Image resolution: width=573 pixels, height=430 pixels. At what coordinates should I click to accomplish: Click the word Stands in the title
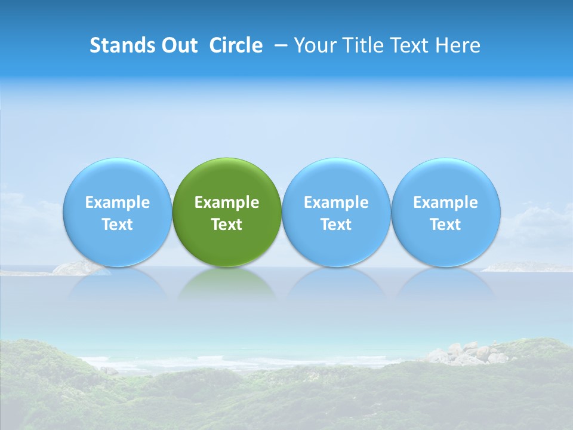pyautogui.click(x=121, y=45)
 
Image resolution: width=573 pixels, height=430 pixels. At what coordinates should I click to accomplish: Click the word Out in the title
pyautogui.click(x=178, y=45)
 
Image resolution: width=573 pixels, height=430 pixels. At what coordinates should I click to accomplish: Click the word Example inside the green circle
pyautogui.click(x=227, y=202)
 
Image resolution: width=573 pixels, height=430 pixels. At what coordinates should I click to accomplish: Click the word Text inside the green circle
pyautogui.click(x=227, y=225)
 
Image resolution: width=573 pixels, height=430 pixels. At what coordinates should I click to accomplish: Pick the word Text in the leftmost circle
pyautogui.click(x=117, y=225)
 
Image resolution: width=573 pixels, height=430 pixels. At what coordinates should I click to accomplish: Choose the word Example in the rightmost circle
pyautogui.click(x=445, y=202)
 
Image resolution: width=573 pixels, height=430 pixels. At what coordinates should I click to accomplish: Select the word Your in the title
pyautogui.click(x=313, y=45)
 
